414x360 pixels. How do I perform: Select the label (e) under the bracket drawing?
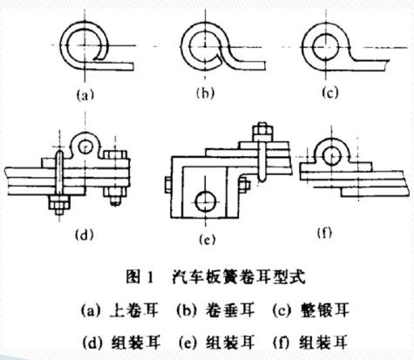(207, 238)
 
